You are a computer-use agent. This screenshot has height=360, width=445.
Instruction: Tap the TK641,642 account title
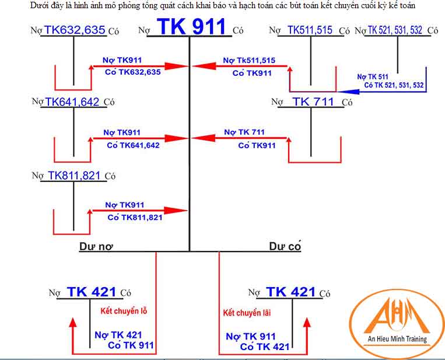(72, 102)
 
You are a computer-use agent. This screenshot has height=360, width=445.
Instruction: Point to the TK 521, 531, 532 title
(395, 30)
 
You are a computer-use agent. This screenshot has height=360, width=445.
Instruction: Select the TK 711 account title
(313, 102)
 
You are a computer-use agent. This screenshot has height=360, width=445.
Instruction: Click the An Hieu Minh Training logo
(397, 318)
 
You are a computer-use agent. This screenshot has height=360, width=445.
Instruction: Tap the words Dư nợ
(96, 246)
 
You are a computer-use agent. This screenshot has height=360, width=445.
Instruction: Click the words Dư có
(285, 246)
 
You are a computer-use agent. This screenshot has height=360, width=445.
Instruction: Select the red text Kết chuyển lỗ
(124, 310)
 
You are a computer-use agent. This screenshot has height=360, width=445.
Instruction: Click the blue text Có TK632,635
(132, 72)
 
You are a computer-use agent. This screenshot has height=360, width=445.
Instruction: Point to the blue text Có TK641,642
(132, 145)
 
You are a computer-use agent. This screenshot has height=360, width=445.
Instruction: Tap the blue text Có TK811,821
(135, 217)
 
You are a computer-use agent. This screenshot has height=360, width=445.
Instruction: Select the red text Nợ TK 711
(244, 132)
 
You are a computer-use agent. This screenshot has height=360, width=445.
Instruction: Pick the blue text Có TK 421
(264, 347)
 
